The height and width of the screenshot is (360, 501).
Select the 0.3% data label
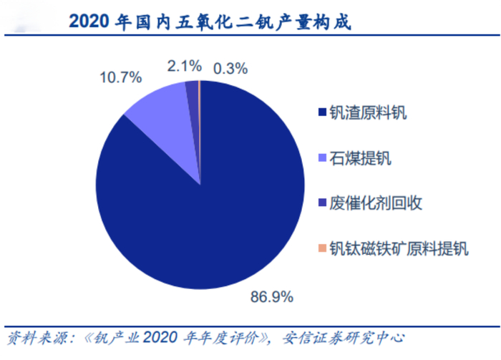[230, 69]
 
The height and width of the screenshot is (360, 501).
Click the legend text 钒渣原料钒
[367, 112]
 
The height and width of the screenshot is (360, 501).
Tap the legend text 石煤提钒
[359, 158]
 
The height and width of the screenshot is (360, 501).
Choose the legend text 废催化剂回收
[375, 203]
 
